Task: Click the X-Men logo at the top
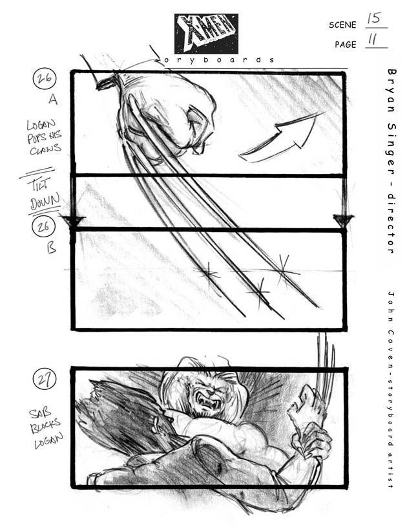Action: (205, 34)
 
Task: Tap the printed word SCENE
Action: (342, 25)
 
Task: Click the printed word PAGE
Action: (346, 45)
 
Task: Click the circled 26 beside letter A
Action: (45, 80)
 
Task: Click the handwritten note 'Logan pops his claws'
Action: (44, 137)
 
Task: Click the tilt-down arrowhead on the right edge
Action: (343, 220)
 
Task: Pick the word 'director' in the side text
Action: (391, 224)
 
